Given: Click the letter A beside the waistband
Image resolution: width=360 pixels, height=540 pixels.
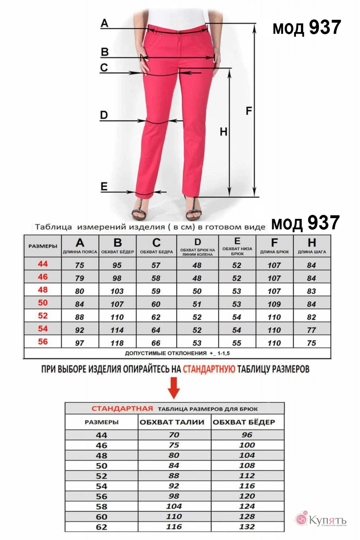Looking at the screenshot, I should coord(105,23).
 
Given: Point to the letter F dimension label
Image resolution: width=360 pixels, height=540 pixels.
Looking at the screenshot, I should coord(249,111).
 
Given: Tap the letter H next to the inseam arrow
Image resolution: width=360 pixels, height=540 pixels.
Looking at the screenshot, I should coord(223,132).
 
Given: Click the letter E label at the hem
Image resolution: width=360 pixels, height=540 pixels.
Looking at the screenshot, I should coord(104,187).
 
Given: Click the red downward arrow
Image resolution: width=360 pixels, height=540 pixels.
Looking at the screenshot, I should coord(174,388).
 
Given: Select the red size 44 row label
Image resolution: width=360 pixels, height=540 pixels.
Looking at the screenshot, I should coord(43,264).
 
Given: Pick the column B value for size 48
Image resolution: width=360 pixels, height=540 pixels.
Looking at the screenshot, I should coord(117,291).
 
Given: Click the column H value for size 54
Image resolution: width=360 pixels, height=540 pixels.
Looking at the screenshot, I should coord(311,330).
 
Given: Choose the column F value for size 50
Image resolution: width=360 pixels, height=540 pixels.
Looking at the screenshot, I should coord(274,304).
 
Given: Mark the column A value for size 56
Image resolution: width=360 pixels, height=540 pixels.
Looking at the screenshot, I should coord(80,343).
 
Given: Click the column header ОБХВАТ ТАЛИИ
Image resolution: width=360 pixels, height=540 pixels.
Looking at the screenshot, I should coord(172,422).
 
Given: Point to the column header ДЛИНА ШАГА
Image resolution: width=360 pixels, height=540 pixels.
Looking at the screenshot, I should coord(312,252).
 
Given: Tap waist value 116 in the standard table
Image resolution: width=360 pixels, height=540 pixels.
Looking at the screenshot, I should coord(174,526).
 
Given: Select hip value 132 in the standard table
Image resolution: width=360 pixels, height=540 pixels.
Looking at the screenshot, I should coord(247,526).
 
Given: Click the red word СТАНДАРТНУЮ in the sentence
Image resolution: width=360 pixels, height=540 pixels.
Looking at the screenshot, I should coord(209,369).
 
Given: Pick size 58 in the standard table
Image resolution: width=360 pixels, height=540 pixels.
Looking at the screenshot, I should coord(102,506).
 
